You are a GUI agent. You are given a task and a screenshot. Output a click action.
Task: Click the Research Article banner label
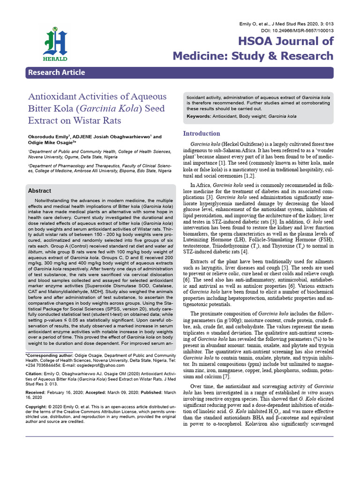[56, 72]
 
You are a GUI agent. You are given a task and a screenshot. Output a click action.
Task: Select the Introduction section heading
[201, 133]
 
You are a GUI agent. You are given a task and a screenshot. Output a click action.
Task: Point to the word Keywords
[198, 116]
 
